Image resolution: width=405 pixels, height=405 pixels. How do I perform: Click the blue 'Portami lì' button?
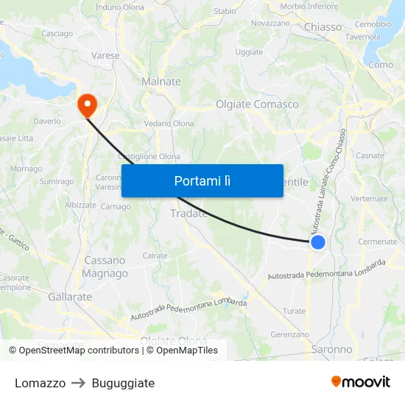202,180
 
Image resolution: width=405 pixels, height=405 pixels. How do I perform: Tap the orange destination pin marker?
88,105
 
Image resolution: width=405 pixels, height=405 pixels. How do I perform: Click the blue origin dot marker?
318,242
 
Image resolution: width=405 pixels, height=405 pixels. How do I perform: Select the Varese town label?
105,55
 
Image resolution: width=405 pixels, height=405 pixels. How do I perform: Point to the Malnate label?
161,82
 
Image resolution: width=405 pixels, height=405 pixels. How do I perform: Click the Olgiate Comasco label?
257,105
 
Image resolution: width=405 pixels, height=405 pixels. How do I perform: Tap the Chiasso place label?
323,27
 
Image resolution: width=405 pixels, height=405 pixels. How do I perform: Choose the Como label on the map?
381,65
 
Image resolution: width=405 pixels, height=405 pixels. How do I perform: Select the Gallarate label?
70,297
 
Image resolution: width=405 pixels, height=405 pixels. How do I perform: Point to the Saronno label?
332,349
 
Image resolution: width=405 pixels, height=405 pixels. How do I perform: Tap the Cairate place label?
155,255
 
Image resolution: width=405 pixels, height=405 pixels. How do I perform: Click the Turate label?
294,311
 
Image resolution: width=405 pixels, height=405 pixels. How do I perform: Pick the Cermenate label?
377,242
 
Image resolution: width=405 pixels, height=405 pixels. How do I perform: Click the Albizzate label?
81,205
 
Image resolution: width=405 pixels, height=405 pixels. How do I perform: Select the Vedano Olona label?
169,124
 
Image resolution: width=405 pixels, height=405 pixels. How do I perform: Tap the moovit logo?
361,382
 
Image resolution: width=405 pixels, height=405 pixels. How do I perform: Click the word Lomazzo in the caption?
40,383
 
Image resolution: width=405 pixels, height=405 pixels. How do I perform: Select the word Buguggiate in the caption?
123,383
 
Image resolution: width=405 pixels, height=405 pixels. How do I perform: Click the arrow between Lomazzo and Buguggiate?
79,383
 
